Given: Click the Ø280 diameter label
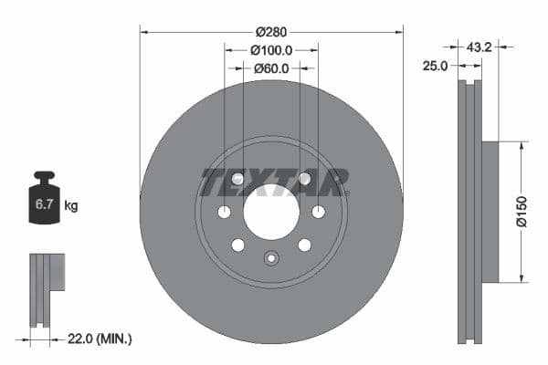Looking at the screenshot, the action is coord(271,32).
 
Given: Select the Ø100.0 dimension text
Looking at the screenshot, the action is coord(271,51).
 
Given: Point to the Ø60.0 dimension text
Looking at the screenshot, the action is coord(271,68).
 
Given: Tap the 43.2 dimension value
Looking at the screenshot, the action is coord(479,47).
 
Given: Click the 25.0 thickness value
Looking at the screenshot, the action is coord(435,66).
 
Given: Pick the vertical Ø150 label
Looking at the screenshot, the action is coord(522,212).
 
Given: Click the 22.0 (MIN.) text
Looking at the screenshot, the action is coord(100,339).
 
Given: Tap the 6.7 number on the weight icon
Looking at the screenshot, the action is coord(44,204).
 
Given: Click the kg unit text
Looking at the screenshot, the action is coord(71,205).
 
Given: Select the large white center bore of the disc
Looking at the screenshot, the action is coord(271,212).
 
